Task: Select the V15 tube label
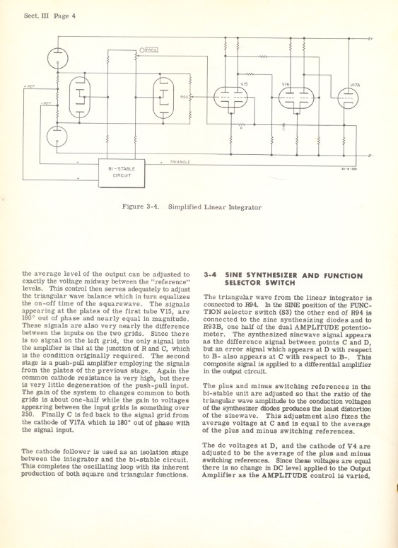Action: pos(244,84)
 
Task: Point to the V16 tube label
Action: pos(286,84)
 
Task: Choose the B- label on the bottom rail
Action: pos(370,155)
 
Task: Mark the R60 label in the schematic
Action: pos(185,97)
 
